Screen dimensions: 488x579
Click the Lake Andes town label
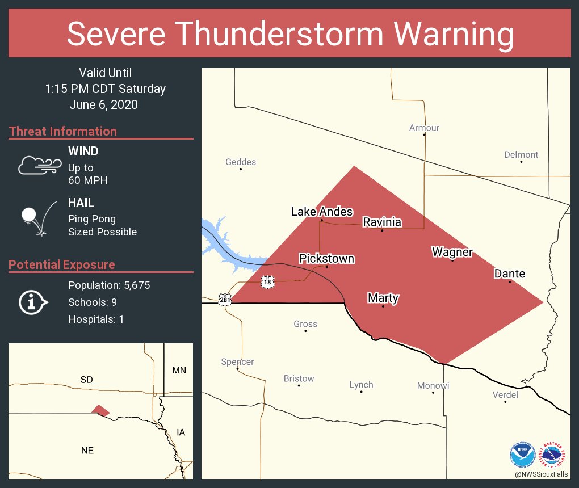[x=322, y=212]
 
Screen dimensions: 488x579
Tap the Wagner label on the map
[x=452, y=252]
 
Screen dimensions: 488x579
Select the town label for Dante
[x=509, y=274]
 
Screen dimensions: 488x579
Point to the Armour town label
[x=424, y=128]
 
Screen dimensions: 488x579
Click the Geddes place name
[x=241, y=162]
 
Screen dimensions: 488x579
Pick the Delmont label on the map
[x=521, y=155]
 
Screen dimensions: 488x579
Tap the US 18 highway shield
[x=267, y=281]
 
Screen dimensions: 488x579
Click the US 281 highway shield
[x=224, y=298]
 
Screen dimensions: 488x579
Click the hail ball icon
[x=30, y=215]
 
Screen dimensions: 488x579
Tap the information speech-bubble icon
[x=33, y=302]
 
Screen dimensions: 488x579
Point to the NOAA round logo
[x=522, y=454]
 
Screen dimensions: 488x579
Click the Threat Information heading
[x=63, y=132]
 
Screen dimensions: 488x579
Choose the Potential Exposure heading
[x=62, y=265]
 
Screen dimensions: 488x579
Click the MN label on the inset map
[x=179, y=371]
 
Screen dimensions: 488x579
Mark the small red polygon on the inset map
[x=100, y=410]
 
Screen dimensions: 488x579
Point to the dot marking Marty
[x=383, y=306]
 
